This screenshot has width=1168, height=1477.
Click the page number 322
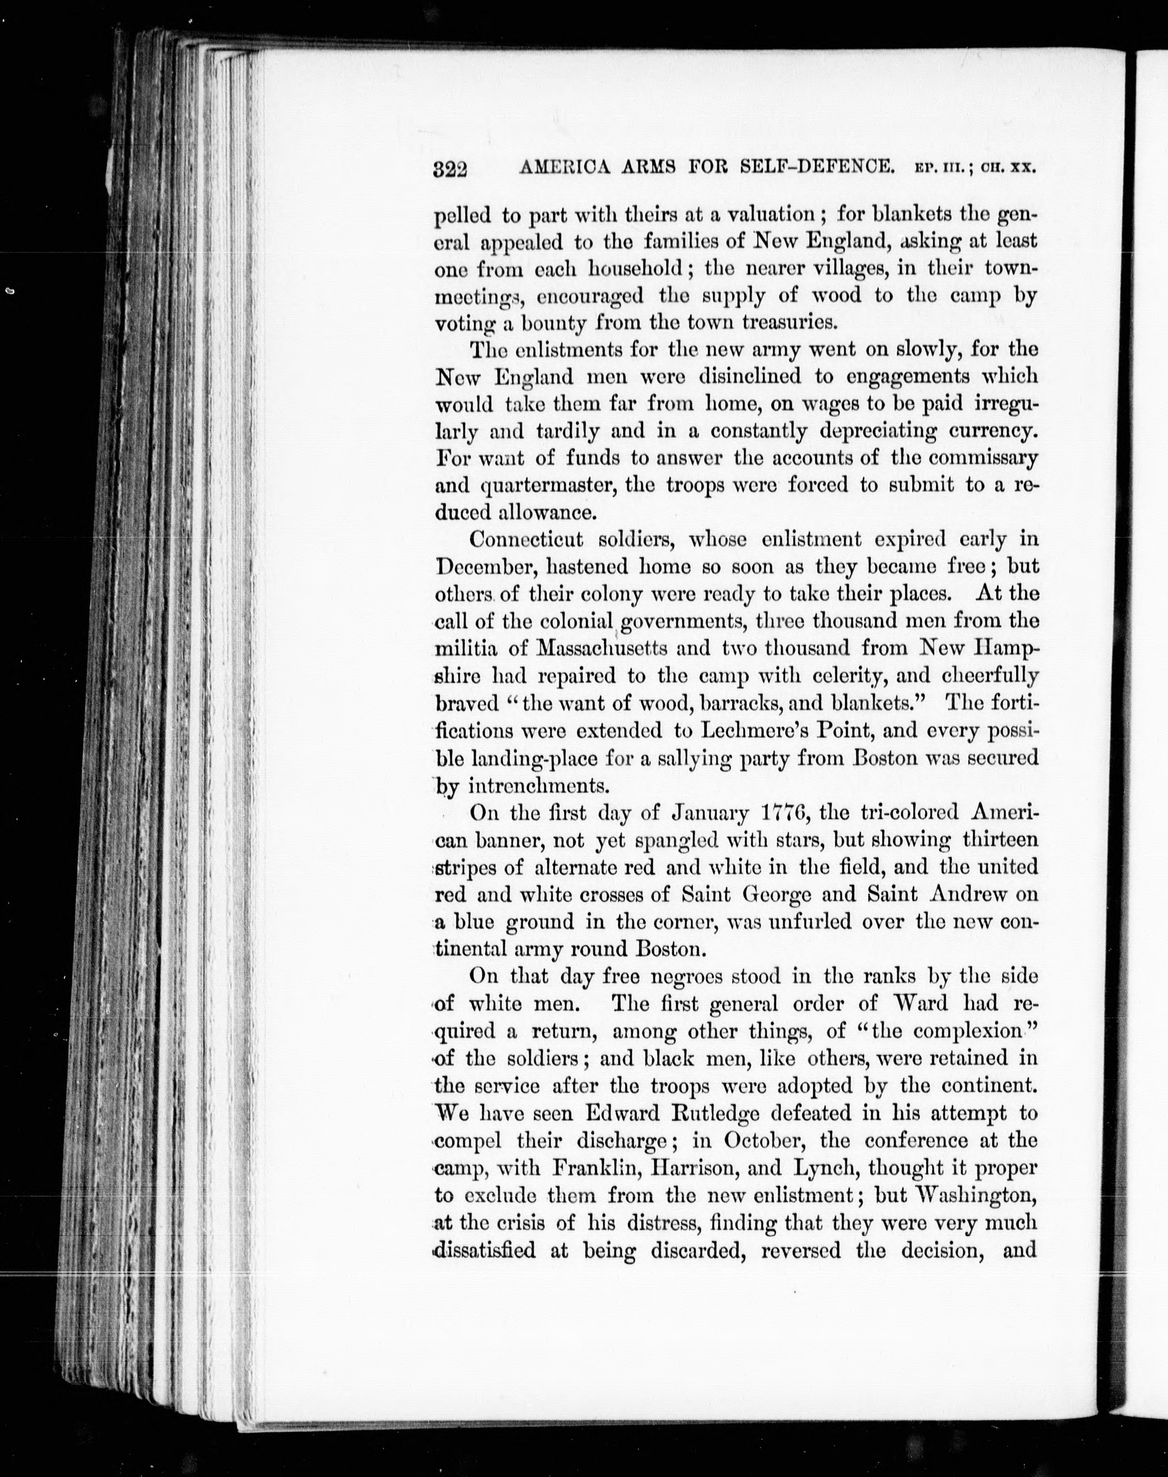[x=450, y=169]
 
